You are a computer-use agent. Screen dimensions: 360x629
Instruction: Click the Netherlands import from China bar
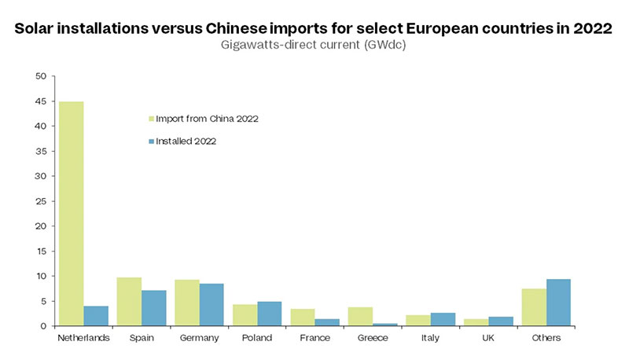[x=72, y=214]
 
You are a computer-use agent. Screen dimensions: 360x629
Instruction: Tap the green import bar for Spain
[x=129, y=301]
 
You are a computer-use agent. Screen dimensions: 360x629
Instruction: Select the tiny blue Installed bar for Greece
[x=385, y=324]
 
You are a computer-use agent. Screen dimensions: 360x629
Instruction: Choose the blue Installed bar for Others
[x=559, y=303]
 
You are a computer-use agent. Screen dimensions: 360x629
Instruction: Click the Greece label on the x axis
[x=373, y=338]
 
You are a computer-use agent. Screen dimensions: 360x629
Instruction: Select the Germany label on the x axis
[x=200, y=338]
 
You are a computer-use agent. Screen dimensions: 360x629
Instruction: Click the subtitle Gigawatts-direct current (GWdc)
[x=314, y=45]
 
